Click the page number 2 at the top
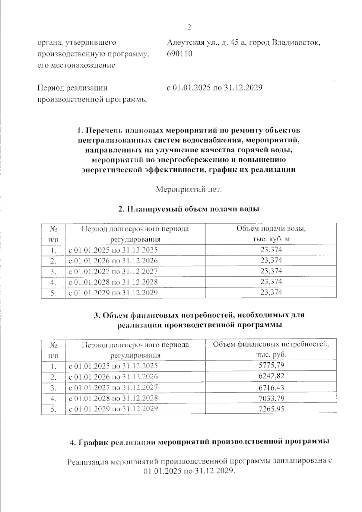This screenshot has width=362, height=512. [189, 27]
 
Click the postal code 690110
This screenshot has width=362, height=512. [179, 54]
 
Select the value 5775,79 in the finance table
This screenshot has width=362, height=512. [271, 365]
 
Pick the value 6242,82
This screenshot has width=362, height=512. [271, 376]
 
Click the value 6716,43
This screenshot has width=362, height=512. [271, 387]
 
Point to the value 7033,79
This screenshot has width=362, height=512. [271, 398]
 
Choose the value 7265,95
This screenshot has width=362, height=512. [271, 409]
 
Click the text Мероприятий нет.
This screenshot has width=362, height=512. [189, 190]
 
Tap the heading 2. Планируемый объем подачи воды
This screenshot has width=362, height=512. [189, 209]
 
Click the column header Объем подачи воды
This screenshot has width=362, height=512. [271, 229]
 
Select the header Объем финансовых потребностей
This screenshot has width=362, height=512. [271, 345]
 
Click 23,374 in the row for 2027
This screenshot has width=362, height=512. [271, 271]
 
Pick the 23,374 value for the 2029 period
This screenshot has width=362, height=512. [271, 292]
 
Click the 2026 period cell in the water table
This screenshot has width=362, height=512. [113, 260]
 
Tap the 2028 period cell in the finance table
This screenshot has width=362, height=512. [113, 398]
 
